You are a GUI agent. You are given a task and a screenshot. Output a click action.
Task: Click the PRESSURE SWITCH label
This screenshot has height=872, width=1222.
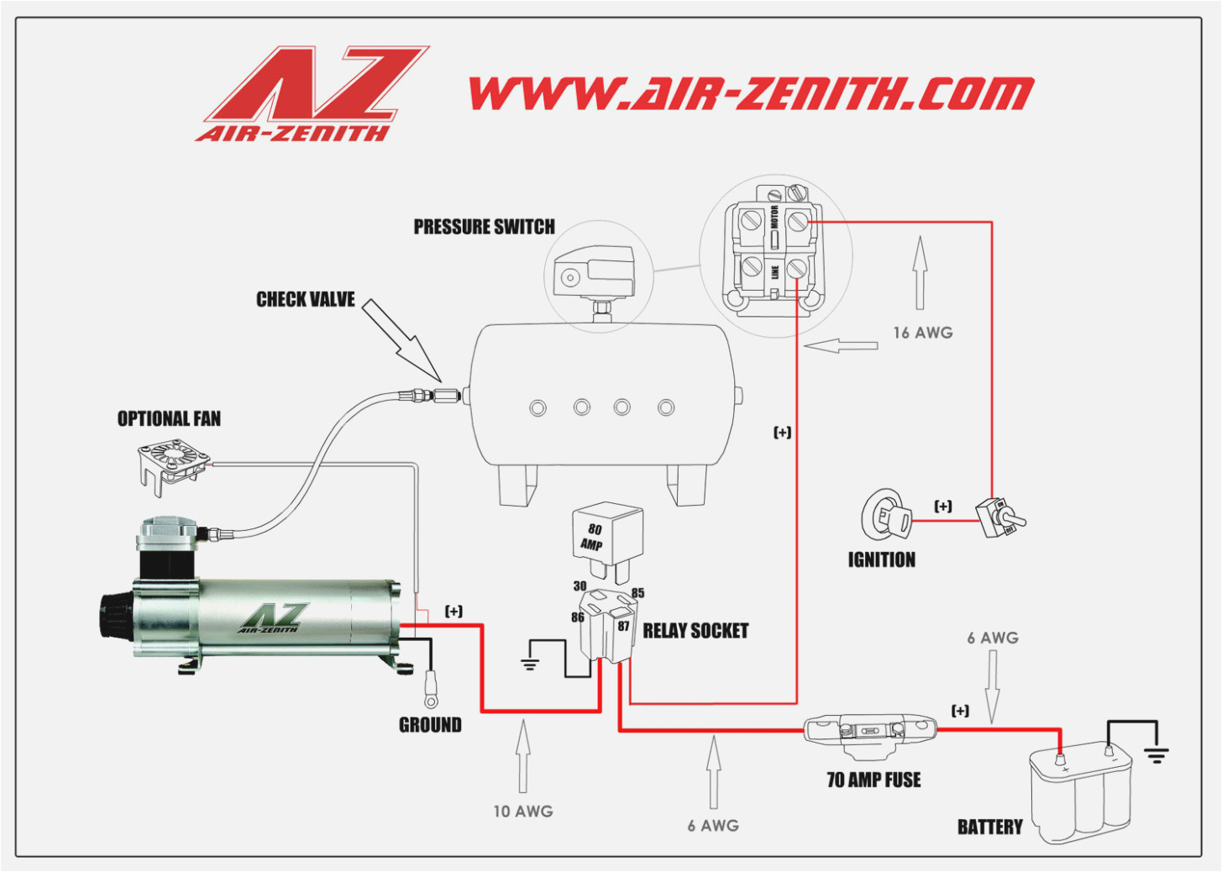coord(484,227)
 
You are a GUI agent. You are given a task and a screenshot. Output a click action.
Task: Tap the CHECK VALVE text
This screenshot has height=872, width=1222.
coord(305,300)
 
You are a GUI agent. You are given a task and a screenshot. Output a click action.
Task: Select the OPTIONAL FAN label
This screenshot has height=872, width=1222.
coord(169,418)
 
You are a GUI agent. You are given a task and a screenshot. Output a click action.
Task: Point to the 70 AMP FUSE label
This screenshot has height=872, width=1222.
coord(873,780)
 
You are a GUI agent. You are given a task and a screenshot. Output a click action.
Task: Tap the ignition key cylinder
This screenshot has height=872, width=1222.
coord(885,514)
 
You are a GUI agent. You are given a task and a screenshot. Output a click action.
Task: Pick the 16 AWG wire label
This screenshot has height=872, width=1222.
coord(922,333)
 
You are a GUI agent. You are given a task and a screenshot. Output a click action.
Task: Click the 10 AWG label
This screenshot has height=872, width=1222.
coord(522,812)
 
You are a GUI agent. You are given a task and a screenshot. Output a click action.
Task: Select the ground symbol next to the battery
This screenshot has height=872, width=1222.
coord(1156,754)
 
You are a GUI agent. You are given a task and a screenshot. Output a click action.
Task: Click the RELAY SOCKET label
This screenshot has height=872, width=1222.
coord(695,631)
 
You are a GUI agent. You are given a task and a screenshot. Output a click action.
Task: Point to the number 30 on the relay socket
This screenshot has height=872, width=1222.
coord(580,586)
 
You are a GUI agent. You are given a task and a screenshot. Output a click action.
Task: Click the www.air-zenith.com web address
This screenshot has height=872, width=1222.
coord(751,93)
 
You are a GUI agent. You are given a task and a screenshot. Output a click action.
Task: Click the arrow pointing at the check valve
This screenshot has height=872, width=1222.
coord(402,339)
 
